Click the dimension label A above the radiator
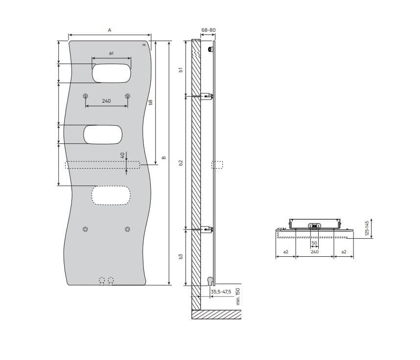point(109,30)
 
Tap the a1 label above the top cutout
point(111,53)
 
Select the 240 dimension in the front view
point(106,101)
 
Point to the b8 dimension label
point(150,102)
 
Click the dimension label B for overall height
point(164,157)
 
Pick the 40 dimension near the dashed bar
point(122,155)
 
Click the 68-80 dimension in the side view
point(209,30)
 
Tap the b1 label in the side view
point(181,69)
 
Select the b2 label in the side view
point(181,163)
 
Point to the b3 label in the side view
point(181,256)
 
